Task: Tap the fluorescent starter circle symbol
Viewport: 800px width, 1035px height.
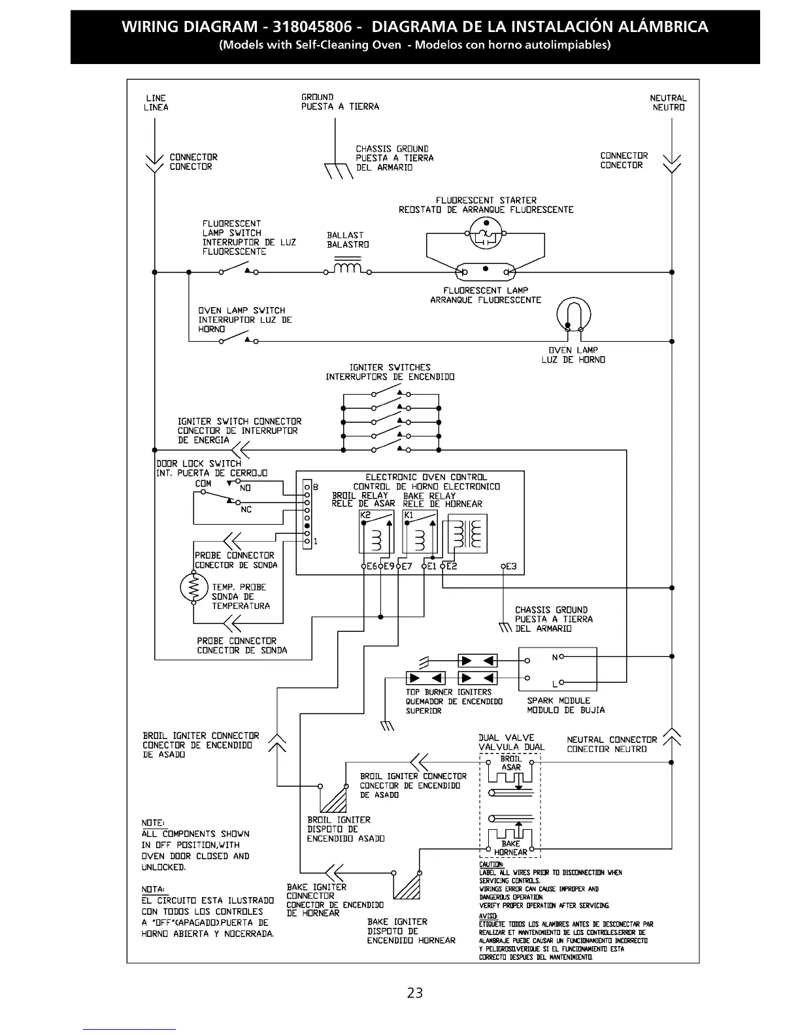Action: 486,235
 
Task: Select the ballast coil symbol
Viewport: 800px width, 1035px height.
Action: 348,269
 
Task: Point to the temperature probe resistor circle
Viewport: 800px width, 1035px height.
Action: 193,587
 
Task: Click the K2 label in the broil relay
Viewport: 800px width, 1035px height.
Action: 365,516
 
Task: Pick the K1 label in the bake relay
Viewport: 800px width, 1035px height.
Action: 408,516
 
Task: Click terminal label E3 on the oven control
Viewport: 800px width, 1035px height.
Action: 510,567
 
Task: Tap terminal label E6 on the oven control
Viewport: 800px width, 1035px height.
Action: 371,567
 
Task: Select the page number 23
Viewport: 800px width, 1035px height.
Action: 414,993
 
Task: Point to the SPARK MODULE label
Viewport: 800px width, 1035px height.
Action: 558,700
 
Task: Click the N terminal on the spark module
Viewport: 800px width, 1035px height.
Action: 555,657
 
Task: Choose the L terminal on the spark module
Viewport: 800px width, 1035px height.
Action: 555,683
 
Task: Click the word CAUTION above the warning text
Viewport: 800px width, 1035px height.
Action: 491,864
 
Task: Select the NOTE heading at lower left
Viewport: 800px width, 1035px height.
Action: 153,823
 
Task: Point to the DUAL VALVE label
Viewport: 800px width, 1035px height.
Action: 507,738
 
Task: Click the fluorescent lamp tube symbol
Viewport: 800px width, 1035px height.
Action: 485,271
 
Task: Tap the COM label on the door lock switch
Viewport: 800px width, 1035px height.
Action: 203,484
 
